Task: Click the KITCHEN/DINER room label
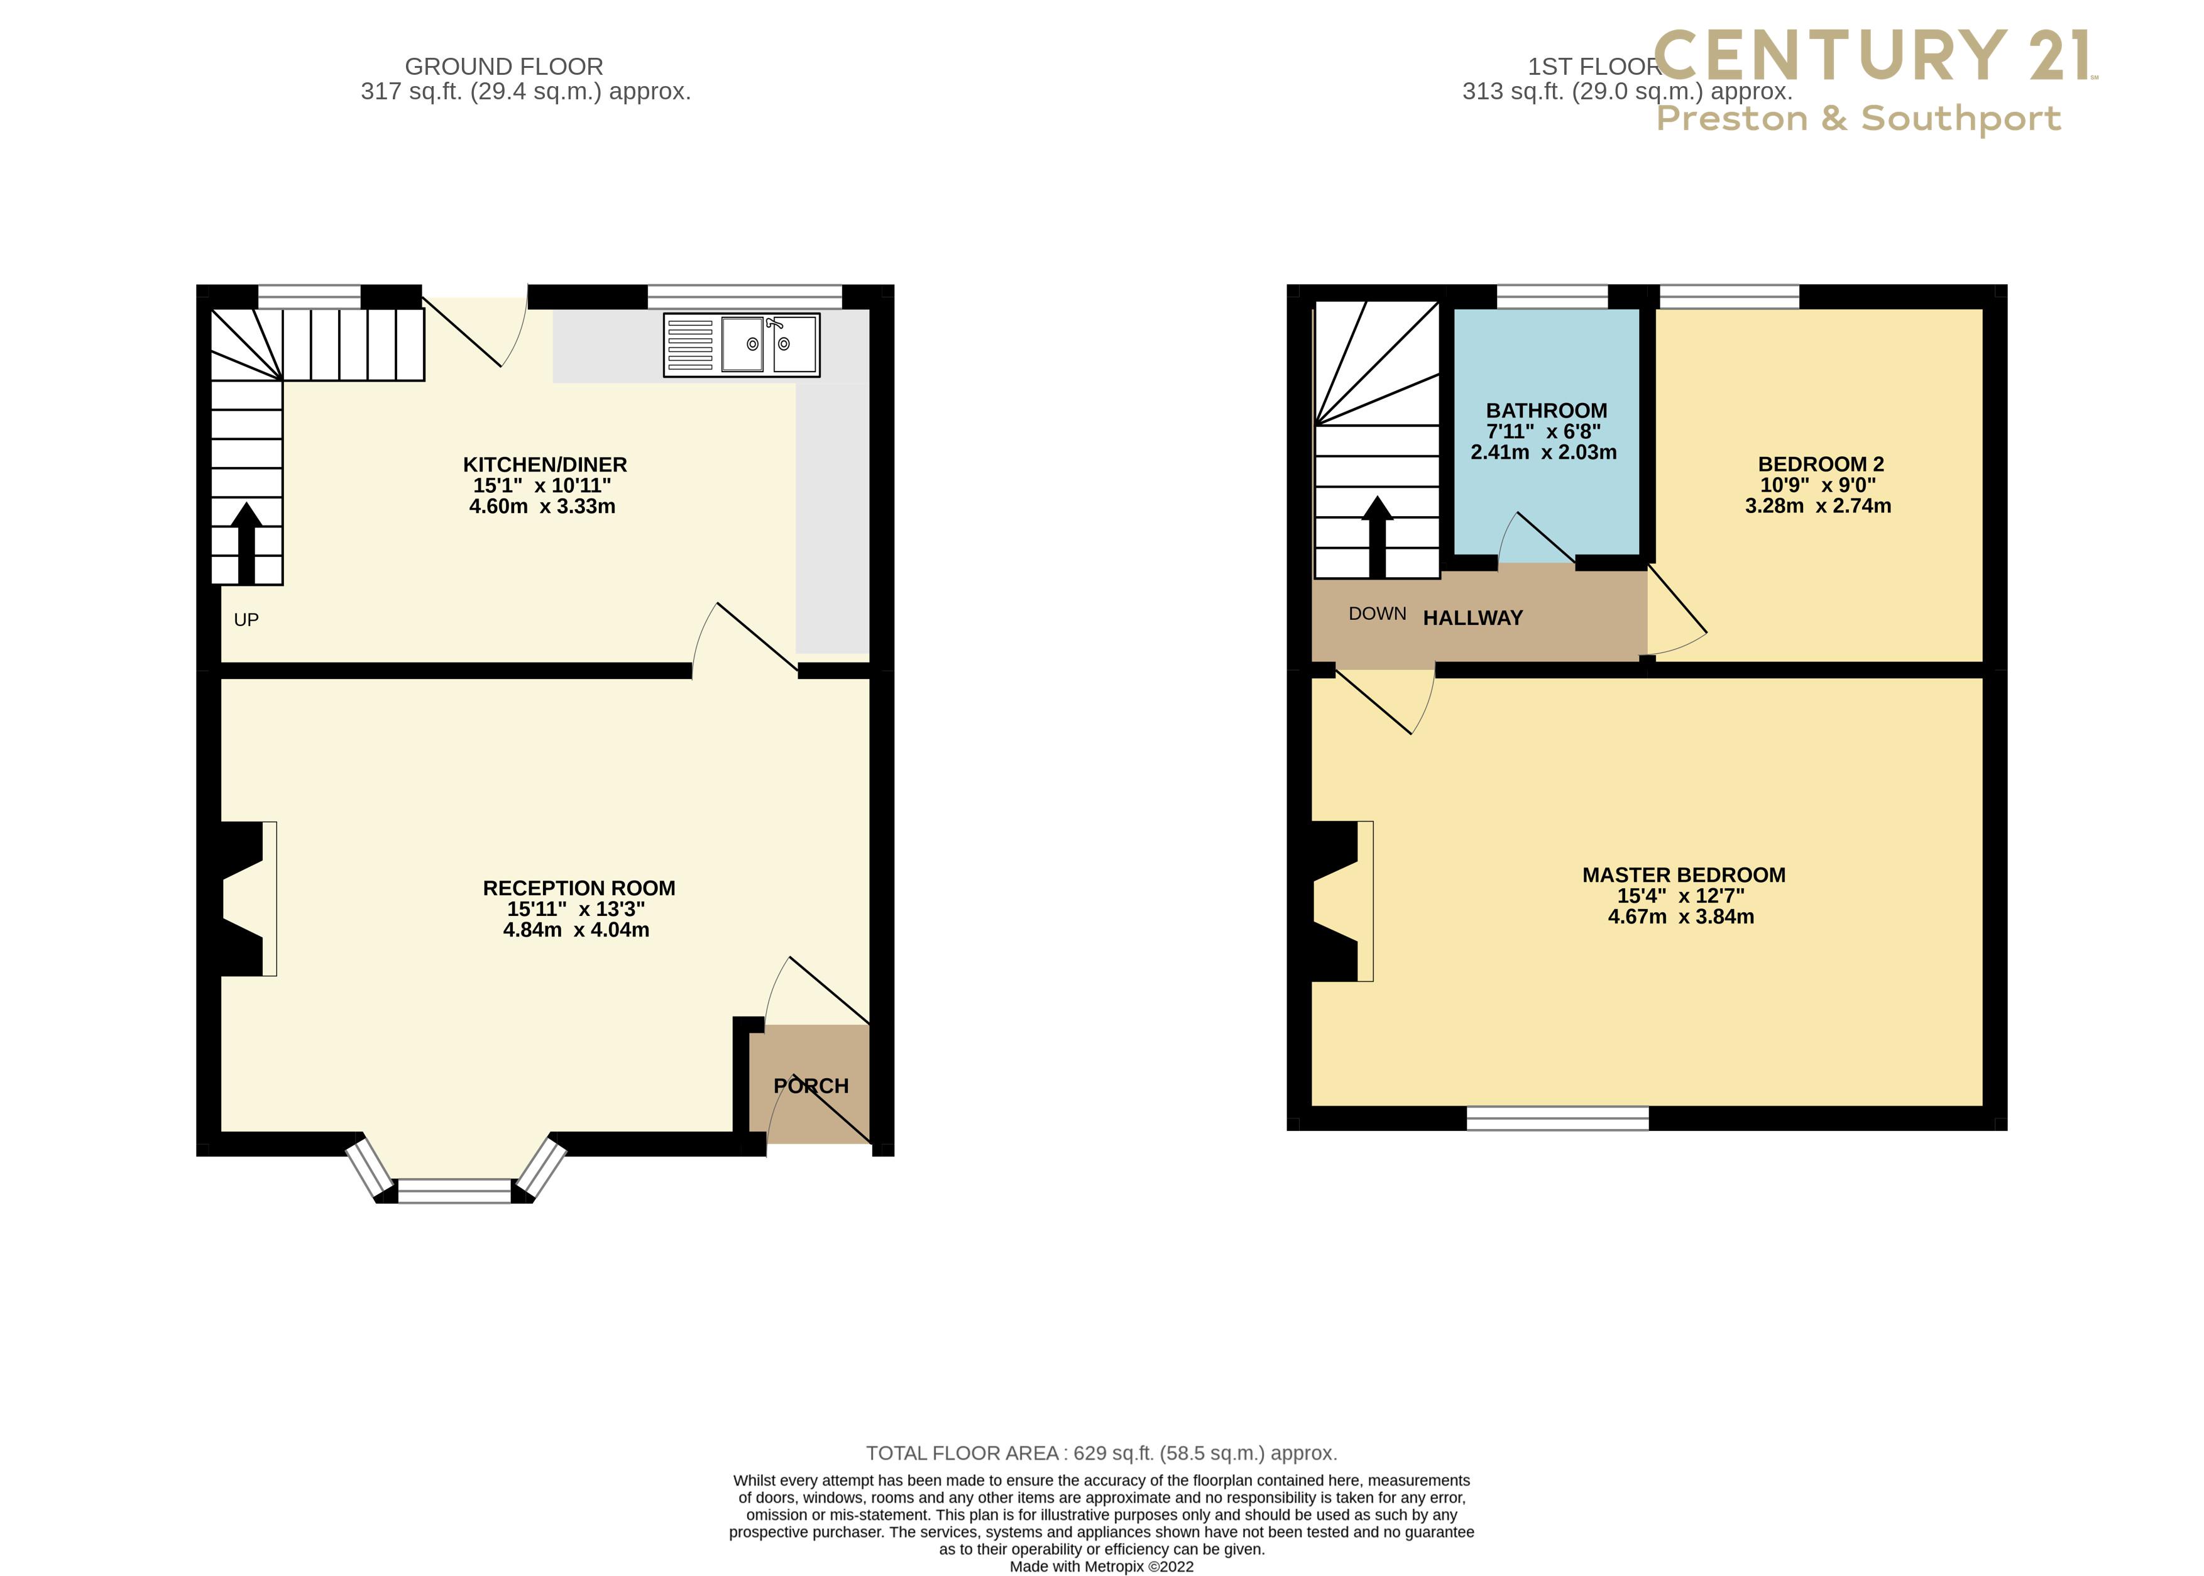click(544, 465)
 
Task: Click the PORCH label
click(811, 1086)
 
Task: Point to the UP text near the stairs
click(246, 620)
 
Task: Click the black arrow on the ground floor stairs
click(246, 543)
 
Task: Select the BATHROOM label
click(1546, 411)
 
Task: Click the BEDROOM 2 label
click(1821, 464)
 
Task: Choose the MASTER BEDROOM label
click(1683, 874)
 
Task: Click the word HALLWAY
click(1472, 618)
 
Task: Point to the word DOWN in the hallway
click(1376, 614)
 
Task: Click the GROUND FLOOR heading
click(503, 67)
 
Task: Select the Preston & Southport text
click(1858, 118)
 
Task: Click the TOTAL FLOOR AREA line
click(1101, 1453)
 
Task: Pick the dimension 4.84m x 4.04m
click(576, 930)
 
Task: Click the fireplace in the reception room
click(248, 898)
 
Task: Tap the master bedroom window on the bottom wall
click(1557, 1118)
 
